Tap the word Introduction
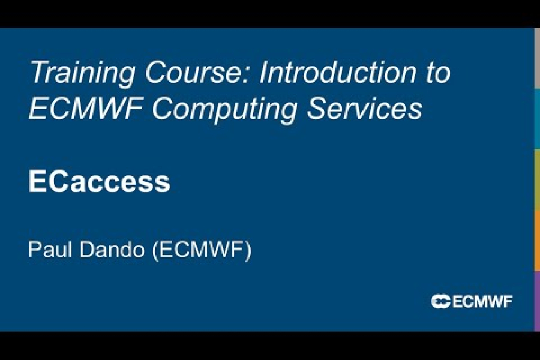pos(337,74)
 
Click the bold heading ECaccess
pos(99,182)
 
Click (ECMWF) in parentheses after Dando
pos(202,250)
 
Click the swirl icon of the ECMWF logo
pos(440,301)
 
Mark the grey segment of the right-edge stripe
pos(537,58)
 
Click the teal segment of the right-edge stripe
pos(537,119)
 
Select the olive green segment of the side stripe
pos(537,179)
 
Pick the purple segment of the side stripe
pos(537,300)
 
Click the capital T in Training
pos(37,73)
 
